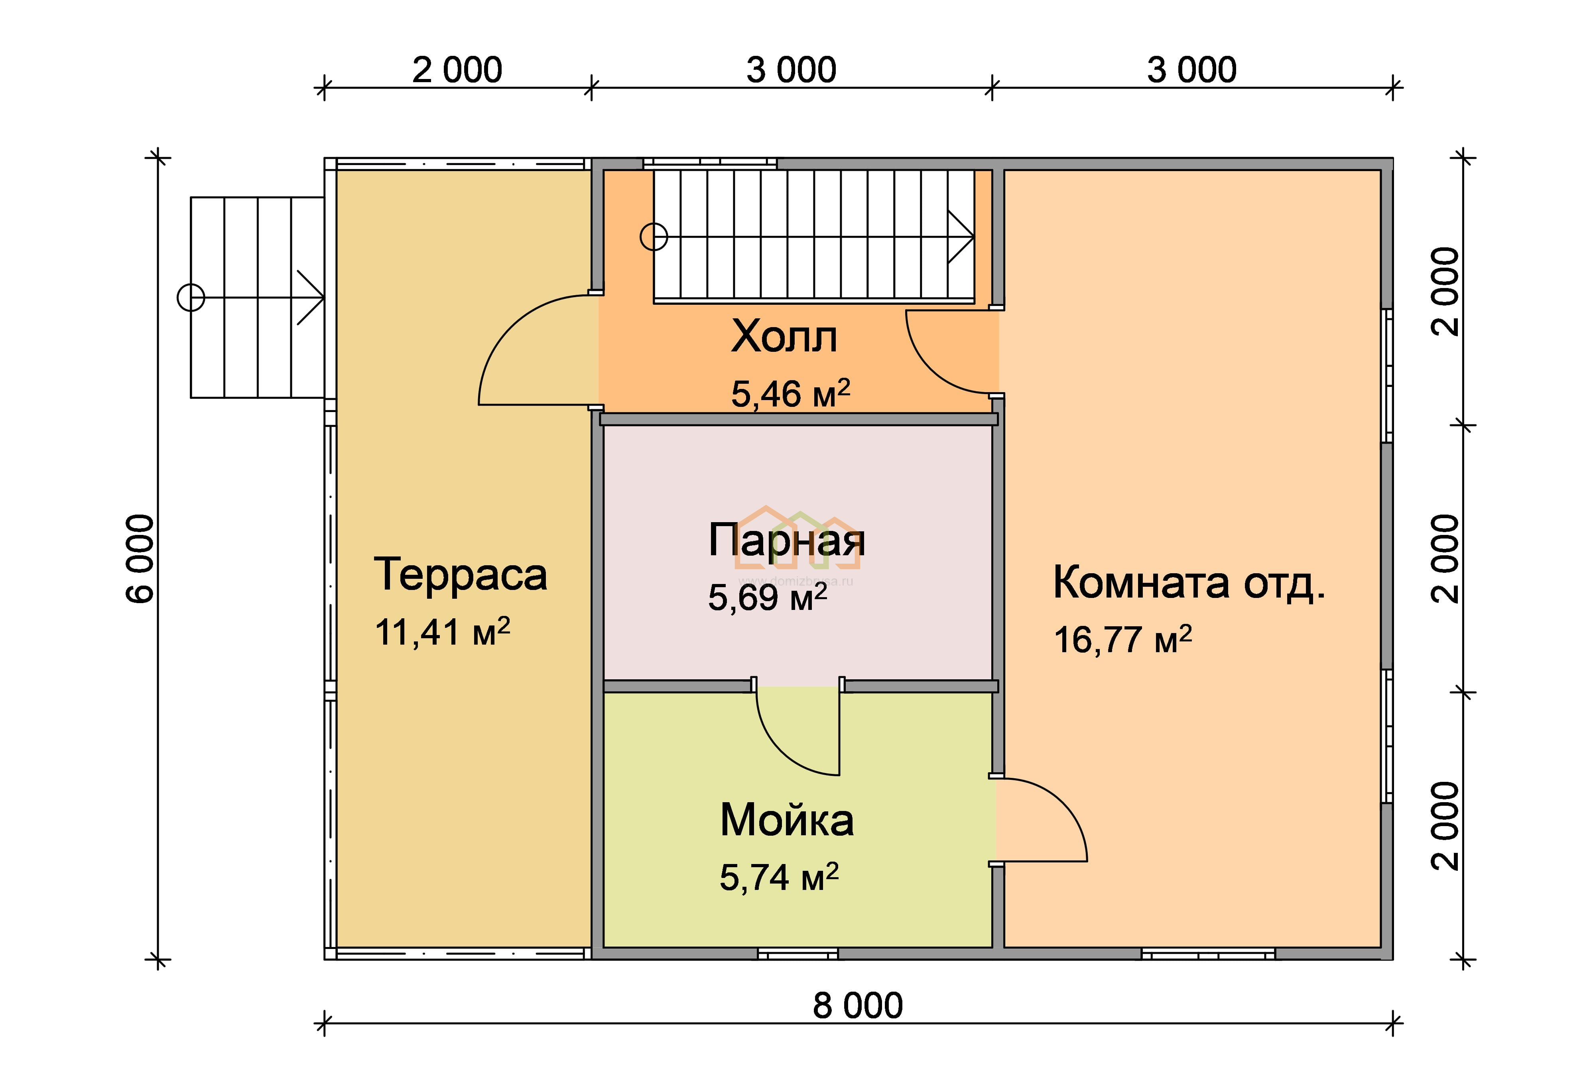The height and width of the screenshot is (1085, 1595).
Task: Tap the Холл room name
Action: coord(784,337)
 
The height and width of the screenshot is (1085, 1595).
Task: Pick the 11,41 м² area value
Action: coord(442,631)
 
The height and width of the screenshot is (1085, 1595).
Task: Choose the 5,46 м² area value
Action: coord(791,393)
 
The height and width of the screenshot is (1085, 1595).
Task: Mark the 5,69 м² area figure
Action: coord(767,596)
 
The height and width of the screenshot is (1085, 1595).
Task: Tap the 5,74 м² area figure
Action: coord(779,877)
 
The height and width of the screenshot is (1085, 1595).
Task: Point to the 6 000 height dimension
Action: coord(141,559)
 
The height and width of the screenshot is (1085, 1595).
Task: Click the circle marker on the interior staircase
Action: coord(654,237)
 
